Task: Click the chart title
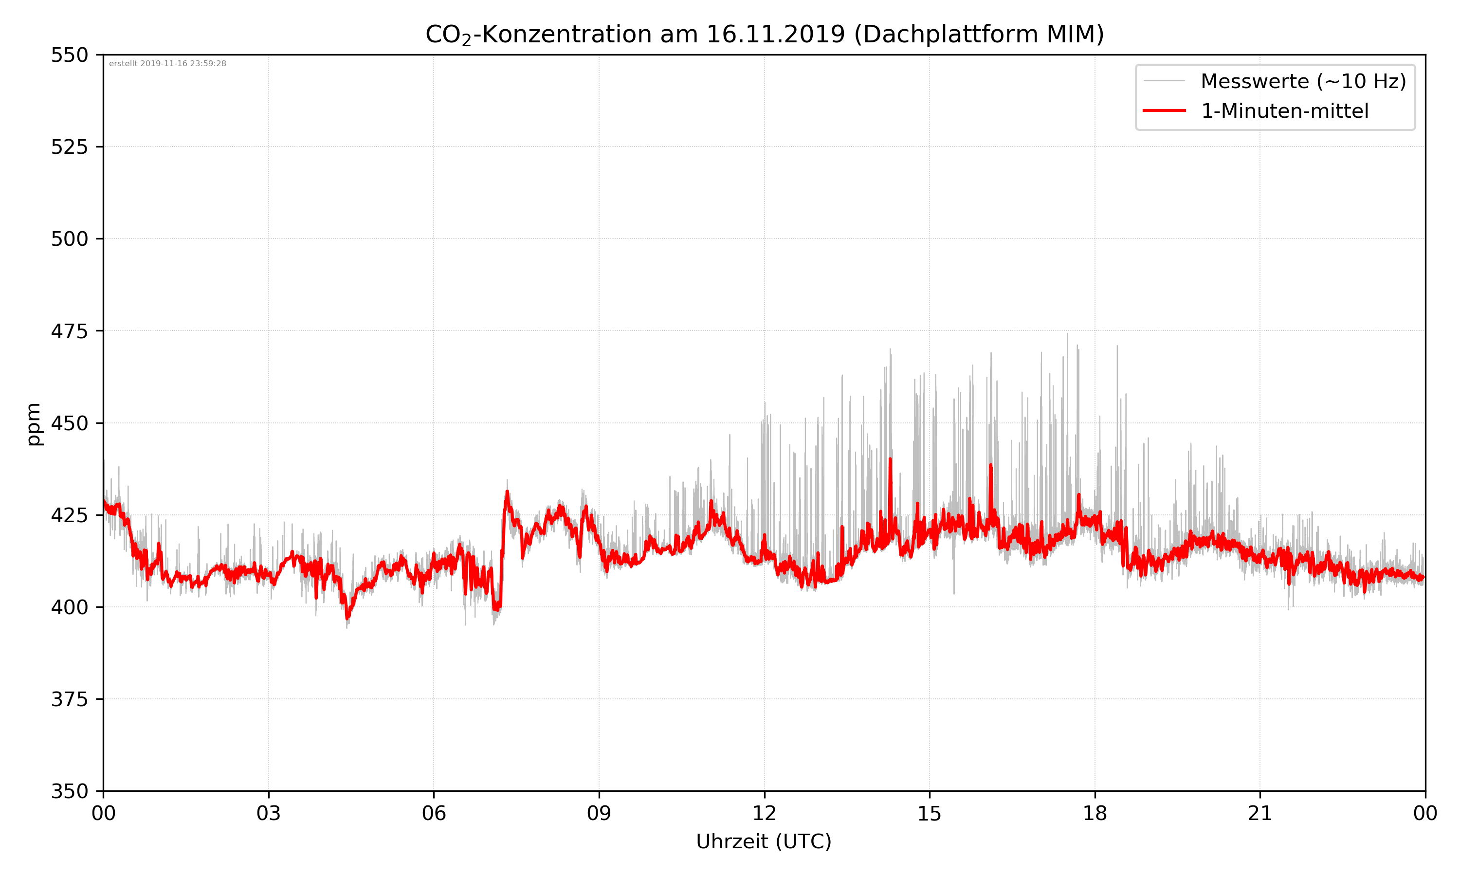[764, 34]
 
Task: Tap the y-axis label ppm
[34, 424]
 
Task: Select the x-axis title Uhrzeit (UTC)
[764, 841]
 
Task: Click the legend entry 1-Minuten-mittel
[1285, 111]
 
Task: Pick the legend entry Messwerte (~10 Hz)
[1303, 81]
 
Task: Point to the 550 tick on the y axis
[69, 55]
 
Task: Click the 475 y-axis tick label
[69, 331]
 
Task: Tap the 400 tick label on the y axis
[69, 607]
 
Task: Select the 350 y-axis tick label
[69, 791]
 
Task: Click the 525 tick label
[69, 147]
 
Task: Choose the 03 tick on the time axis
[269, 813]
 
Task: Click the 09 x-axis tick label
[599, 813]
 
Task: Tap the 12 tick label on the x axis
[764, 813]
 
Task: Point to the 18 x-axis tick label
[1095, 813]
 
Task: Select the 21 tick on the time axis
[1260, 813]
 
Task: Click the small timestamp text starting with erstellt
[167, 64]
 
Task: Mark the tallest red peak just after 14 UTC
[890, 459]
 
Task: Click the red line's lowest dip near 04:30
[347, 618]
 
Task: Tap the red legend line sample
[1164, 110]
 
